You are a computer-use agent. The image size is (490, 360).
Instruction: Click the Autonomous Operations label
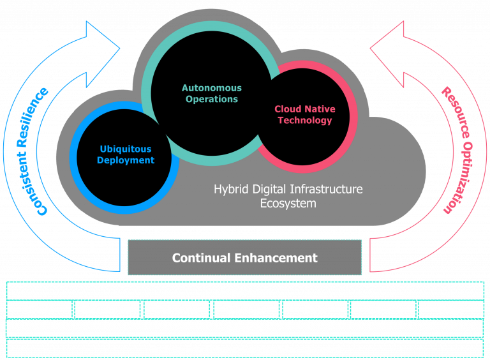[211, 94]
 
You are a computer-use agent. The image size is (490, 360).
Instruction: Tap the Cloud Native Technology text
[305, 115]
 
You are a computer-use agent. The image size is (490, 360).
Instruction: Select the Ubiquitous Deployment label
[126, 155]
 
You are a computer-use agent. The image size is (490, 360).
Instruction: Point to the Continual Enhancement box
[245, 258]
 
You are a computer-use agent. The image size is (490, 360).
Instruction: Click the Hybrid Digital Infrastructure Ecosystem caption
[288, 196]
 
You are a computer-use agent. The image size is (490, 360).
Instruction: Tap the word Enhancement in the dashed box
[276, 258]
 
